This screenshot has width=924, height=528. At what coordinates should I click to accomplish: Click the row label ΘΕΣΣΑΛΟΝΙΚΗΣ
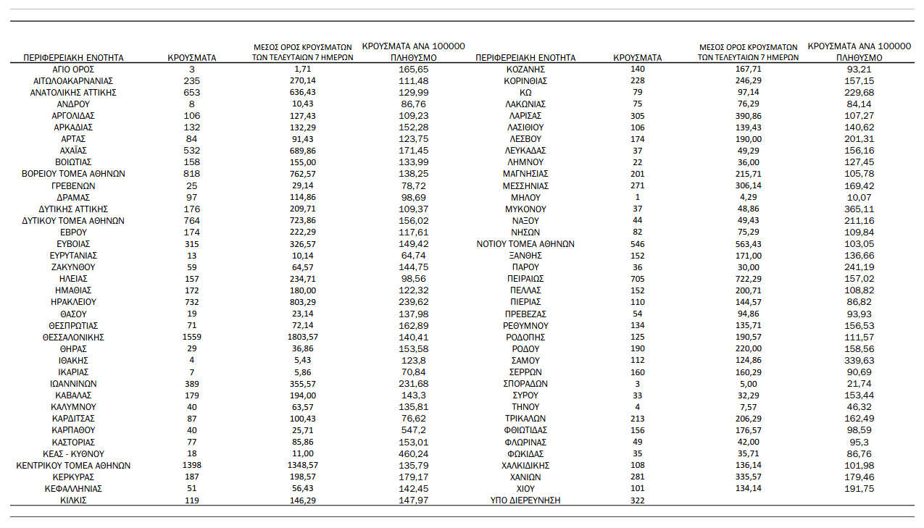pyautogui.click(x=73, y=337)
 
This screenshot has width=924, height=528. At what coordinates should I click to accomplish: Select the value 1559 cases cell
pyautogui.click(x=192, y=337)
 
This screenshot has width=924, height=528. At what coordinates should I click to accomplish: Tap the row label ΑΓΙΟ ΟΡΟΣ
pyautogui.click(x=73, y=69)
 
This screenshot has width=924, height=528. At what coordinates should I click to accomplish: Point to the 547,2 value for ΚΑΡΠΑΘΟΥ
pyautogui.click(x=414, y=430)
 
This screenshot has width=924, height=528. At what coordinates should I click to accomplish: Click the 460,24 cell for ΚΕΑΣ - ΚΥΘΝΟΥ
pyautogui.click(x=414, y=453)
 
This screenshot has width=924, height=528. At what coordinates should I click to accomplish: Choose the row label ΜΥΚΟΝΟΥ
pyautogui.click(x=525, y=209)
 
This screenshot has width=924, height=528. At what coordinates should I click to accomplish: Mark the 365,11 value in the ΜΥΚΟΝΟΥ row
pyautogui.click(x=859, y=209)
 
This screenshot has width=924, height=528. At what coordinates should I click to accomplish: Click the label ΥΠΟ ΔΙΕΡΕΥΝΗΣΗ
pyautogui.click(x=525, y=500)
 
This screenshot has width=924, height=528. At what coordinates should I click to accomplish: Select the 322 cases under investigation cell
pyautogui.click(x=637, y=500)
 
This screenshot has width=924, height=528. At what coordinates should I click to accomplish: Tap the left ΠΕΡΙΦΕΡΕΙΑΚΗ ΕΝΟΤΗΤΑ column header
pyautogui.click(x=73, y=57)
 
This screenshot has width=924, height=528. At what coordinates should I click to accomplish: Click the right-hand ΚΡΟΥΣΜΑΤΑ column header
pyautogui.click(x=637, y=57)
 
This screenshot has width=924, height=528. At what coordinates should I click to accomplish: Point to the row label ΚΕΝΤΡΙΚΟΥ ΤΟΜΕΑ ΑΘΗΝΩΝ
pyautogui.click(x=73, y=465)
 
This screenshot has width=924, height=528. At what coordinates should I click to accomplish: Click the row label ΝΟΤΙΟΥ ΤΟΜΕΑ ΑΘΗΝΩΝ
pyautogui.click(x=525, y=243)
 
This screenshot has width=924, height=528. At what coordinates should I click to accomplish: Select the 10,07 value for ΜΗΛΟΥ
pyautogui.click(x=859, y=197)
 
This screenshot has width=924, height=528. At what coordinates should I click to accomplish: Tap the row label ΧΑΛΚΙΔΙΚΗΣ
pyautogui.click(x=525, y=465)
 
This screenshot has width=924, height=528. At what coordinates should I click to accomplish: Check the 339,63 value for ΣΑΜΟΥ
pyautogui.click(x=859, y=360)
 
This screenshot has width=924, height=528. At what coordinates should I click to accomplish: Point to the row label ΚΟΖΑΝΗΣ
pyautogui.click(x=525, y=69)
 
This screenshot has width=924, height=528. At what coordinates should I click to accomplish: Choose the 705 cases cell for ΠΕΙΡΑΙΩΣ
pyautogui.click(x=637, y=278)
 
